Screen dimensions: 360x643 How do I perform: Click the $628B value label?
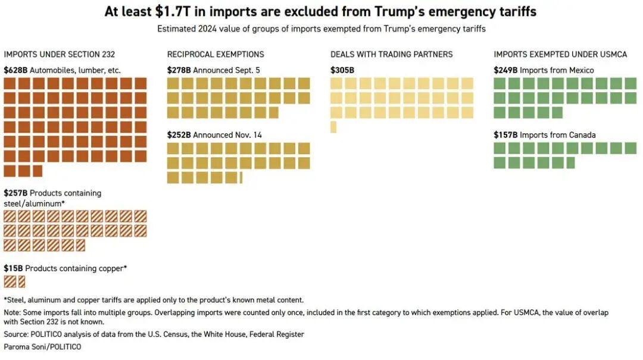tap(15, 70)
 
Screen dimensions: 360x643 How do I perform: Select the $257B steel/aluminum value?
tap(15, 193)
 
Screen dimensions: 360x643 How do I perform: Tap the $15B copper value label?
tap(13, 268)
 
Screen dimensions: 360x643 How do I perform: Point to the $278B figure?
tap(179, 70)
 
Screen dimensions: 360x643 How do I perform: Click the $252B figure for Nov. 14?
tap(179, 135)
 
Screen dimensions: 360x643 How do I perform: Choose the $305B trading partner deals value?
tap(342, 70)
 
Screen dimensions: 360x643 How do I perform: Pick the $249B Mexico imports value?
tap(505, 70)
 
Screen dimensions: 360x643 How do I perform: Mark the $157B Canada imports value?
tap(505, 135)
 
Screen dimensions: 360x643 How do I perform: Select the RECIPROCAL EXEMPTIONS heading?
tap(216, 54)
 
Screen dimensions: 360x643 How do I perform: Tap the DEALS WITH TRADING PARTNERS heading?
tap(392, 54)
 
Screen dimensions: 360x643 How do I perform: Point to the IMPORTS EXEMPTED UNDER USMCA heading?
tap(560, 54)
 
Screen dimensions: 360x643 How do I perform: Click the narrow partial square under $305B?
tap(333, 127)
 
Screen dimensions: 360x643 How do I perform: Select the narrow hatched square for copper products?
tap(22, 281)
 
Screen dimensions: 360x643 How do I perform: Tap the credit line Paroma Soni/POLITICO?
tap(42, 346)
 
